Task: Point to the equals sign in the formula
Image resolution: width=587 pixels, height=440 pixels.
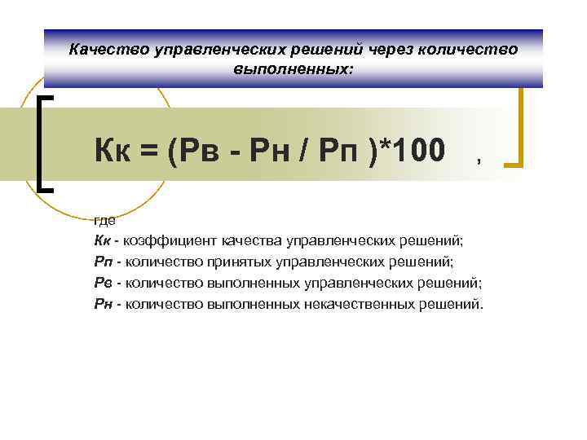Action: pyautogui.click(x=151, y=150)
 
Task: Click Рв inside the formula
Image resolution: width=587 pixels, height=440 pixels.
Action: pyautogui.click(x=198, y=149)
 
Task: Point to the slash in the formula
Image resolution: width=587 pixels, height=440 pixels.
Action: pyautogui.click(x=307, y=149)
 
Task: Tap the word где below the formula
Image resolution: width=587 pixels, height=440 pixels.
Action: pyautogui.click(x=104, y=220)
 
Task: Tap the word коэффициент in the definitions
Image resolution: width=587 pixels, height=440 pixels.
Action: pyautogui.click(x=162, y=241)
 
